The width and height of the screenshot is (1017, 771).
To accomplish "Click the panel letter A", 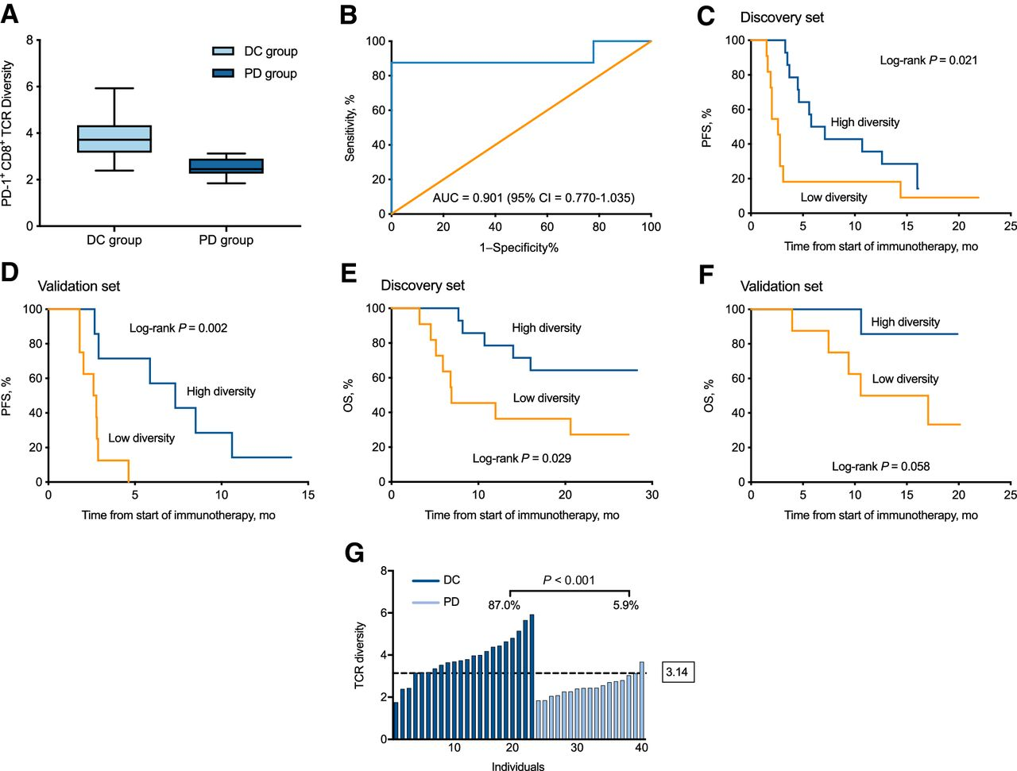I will pos(10,14).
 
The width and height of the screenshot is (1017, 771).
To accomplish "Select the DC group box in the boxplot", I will pos(114,138).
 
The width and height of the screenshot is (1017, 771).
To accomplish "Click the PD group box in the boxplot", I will pos(226,166).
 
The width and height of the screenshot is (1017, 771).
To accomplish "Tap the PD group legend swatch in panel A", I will pos(223,74).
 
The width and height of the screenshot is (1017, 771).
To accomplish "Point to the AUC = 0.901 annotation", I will pos(533,198).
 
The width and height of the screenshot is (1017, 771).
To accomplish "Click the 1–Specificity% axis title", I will pos(519,248).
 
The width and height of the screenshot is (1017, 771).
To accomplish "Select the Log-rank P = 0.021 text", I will pos(928,60).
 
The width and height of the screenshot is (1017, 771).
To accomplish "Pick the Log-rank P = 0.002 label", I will pos(178,328).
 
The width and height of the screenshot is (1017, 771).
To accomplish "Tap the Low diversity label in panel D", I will pos(141,438).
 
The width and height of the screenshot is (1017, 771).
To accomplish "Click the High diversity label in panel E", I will pos(546,328).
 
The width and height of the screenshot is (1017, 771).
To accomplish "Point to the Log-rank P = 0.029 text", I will pos(521,458).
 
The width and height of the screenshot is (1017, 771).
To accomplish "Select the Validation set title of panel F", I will pos(781,286).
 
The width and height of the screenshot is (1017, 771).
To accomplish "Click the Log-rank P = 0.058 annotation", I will pos(880,467).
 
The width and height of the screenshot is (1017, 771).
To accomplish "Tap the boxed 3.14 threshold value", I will pos(677,673).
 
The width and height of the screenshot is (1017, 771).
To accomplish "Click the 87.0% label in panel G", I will pos(504,605).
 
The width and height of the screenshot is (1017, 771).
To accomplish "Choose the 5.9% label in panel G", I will pos(625,605).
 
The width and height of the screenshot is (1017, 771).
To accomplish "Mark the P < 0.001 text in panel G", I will pos(569,580).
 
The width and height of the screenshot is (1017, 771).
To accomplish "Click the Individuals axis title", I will pos(518,766).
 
